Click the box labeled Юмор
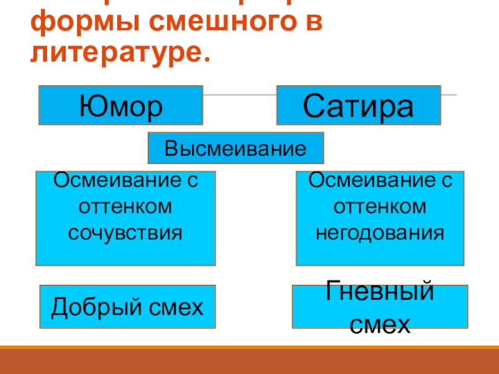(120, 105)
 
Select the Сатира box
(358, 105)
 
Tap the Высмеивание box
(236, 148)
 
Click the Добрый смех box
(127, 307)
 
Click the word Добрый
(89, 307)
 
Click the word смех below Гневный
(380, 324)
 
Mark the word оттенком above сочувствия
(125, 206)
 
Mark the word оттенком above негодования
(380, 206)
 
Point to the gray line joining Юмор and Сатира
(240, 95)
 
